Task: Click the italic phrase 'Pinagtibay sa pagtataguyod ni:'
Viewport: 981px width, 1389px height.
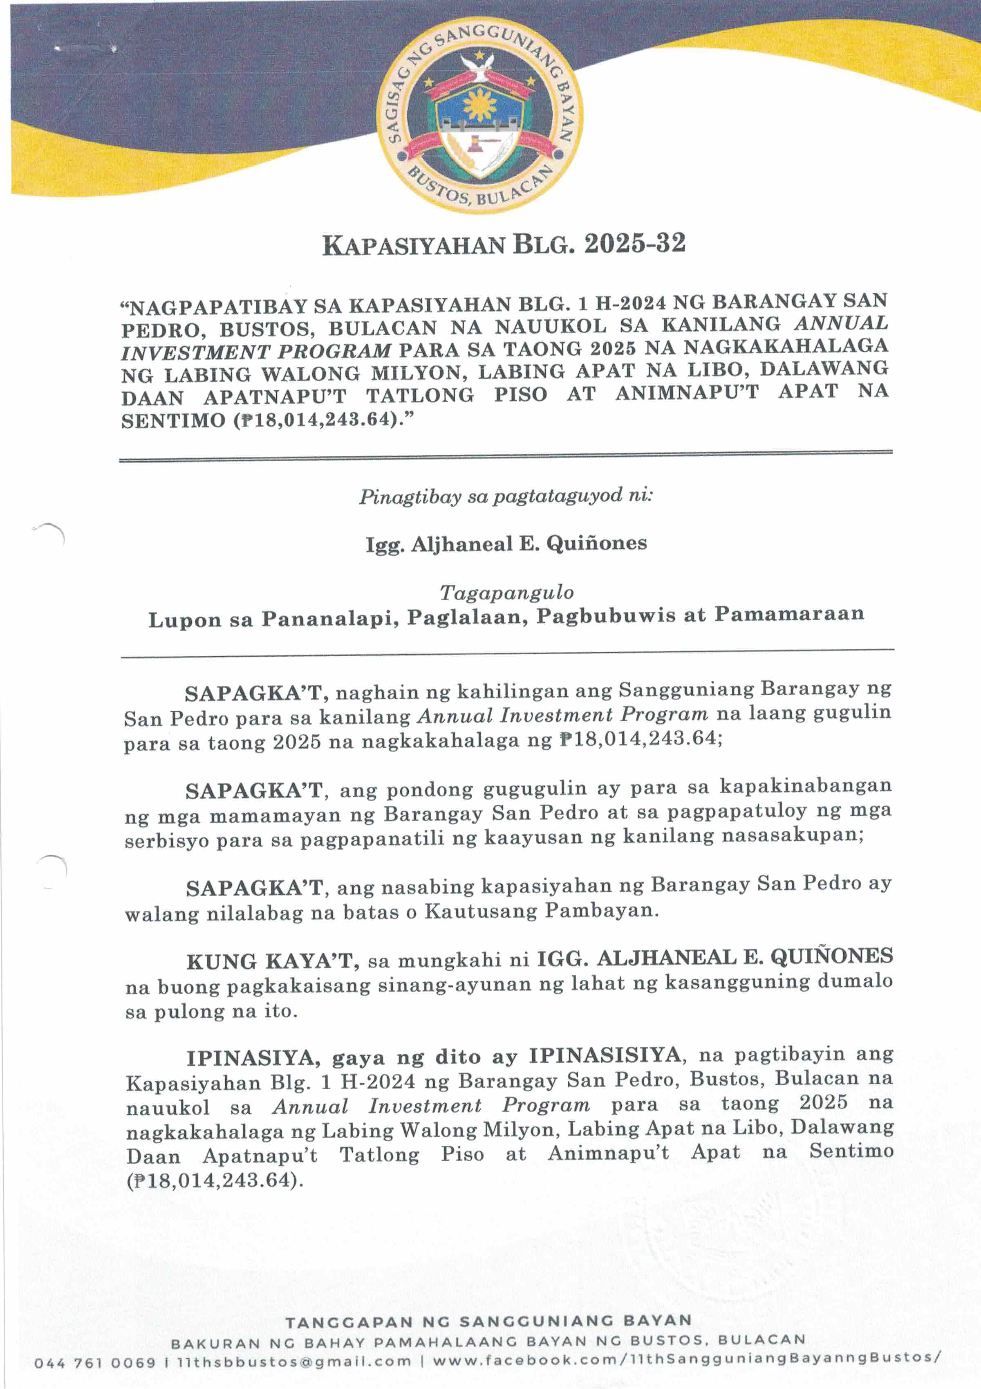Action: (x=506, y=496)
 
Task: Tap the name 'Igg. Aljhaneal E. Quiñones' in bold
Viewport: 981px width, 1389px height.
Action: (x=506, y=543)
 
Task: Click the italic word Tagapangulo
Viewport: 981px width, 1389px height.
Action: (x=506, y=592)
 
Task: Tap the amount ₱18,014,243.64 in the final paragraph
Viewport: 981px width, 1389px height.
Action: (x=215, y=1180)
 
